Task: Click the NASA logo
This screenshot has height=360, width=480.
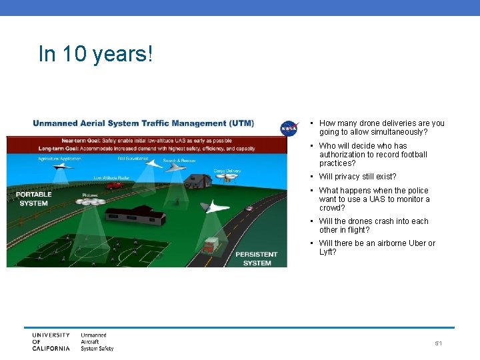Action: coord(289,127)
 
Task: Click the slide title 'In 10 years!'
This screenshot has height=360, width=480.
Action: coord(95,54)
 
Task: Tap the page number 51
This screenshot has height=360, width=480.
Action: coord(439,343)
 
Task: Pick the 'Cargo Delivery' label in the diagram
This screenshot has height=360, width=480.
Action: coord(227,171)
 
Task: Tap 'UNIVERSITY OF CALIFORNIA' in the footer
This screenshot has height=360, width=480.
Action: coord(51,341)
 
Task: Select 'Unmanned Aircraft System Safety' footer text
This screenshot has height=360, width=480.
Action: coord(97,341)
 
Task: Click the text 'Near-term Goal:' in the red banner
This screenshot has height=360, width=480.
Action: coord(81,141)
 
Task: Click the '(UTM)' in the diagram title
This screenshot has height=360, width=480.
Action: coord(241,123)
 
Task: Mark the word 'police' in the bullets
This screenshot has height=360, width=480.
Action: coord(417,191)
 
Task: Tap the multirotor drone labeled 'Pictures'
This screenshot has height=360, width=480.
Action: coord(91,201)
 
